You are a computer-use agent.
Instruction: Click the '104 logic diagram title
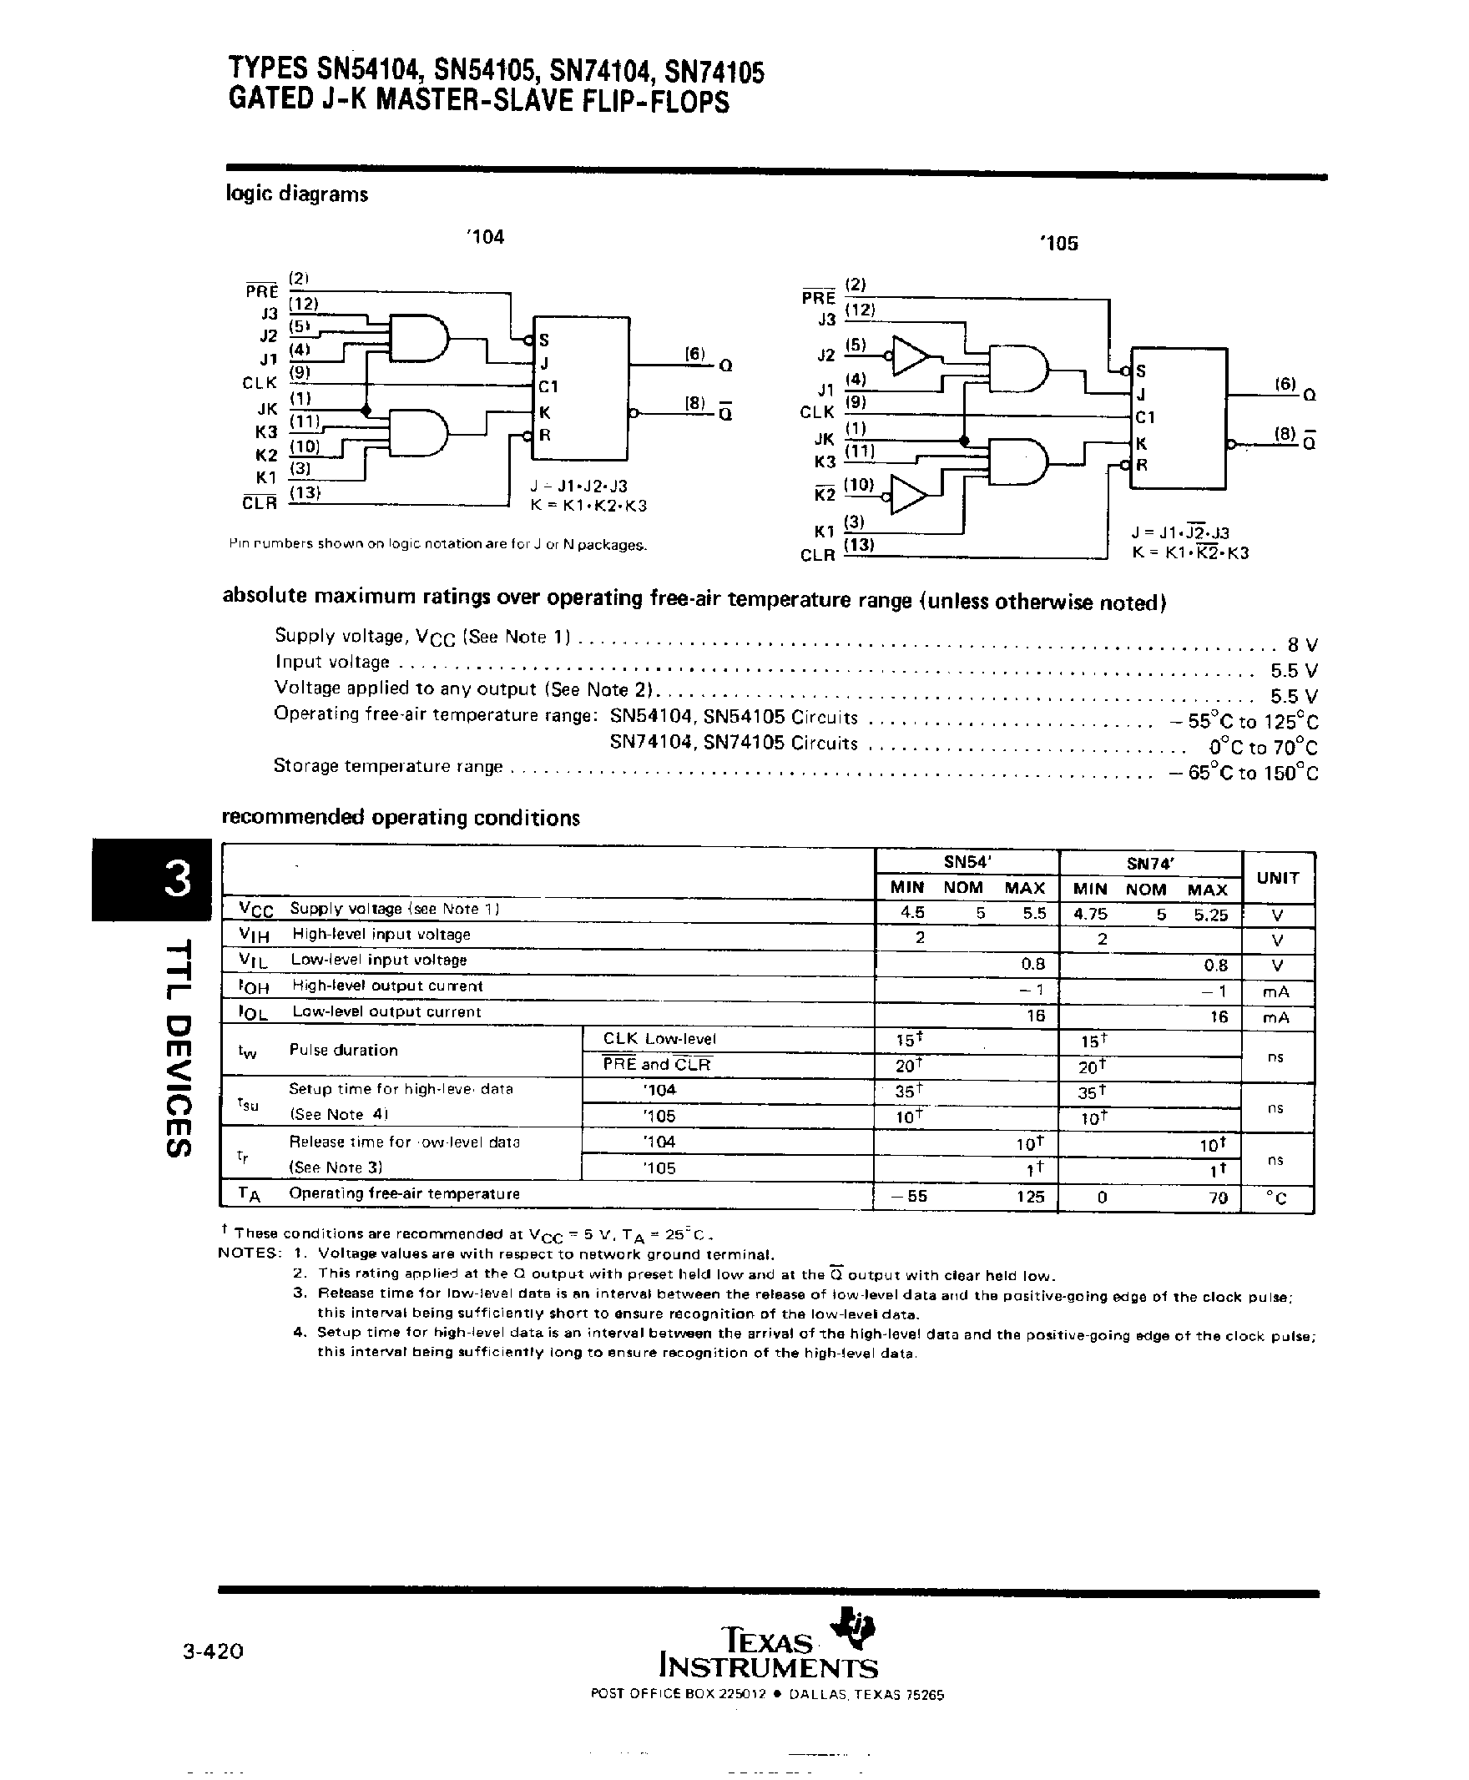tap(485, 238)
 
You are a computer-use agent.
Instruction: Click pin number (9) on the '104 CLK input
tap(300, 372)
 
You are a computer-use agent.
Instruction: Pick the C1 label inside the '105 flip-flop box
tap(1145, 417)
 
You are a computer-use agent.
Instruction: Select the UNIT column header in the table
tap(1278, 877)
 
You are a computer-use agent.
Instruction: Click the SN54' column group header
tap(967, 863)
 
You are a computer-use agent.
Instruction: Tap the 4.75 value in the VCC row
tap(1090, 914)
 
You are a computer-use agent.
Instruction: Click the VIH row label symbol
tap(254, 935)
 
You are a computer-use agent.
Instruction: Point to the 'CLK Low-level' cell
tap(659, 1039)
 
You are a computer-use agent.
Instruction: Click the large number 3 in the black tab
tap(178, 880)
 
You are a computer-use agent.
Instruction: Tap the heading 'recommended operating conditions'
tap(401, 818)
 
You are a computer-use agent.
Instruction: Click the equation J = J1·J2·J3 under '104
tap(578, 487)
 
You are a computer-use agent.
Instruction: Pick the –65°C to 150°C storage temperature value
tap(1242, 773)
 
